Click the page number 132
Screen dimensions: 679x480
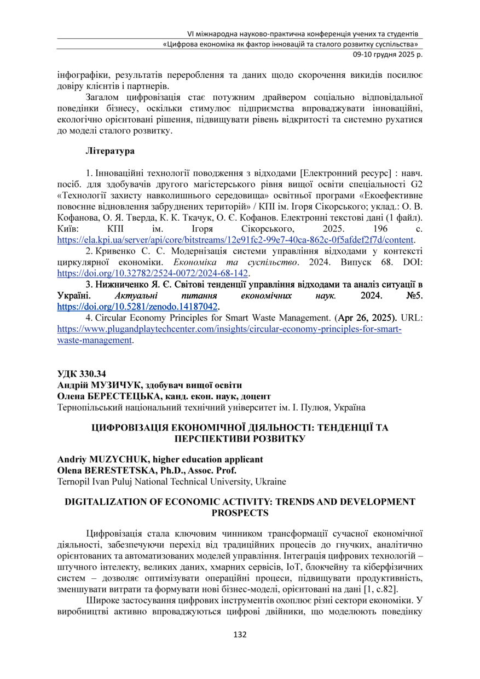(x=240, y=635)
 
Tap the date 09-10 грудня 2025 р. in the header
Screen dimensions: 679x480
(x=386, y=55)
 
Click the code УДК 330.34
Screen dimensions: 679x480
(x=82, y=374)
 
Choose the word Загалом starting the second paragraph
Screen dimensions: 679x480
(x=104, y=97)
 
